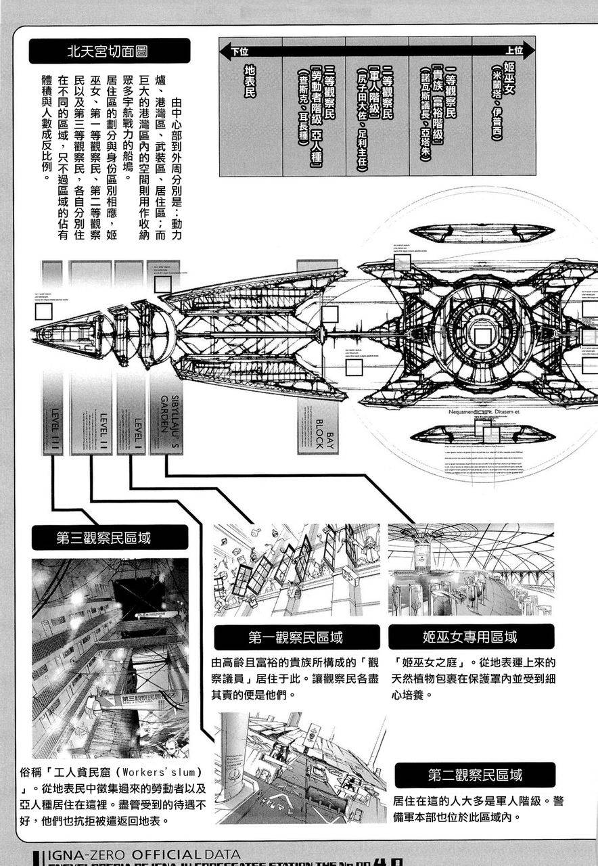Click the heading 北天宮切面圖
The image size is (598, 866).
(x=108, y=51)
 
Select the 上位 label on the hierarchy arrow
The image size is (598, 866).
(x=514, y=51)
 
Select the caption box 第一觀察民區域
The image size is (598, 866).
(x=296, y=637)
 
